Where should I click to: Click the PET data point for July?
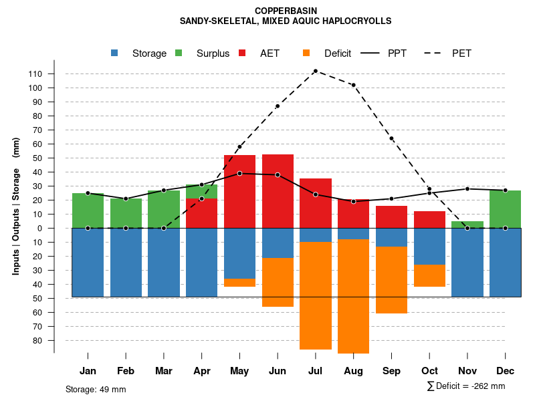315,71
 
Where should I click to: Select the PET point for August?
353,85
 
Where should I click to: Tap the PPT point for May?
239,173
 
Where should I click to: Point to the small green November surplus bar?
467,225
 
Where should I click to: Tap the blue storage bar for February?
126,262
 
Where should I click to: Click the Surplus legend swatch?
179,53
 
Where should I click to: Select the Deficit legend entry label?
337,53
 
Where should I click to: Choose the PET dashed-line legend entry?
461,53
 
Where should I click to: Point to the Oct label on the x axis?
429,371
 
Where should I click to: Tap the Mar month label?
164,371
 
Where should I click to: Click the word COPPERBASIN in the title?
286,11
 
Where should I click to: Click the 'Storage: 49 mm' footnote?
96,389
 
